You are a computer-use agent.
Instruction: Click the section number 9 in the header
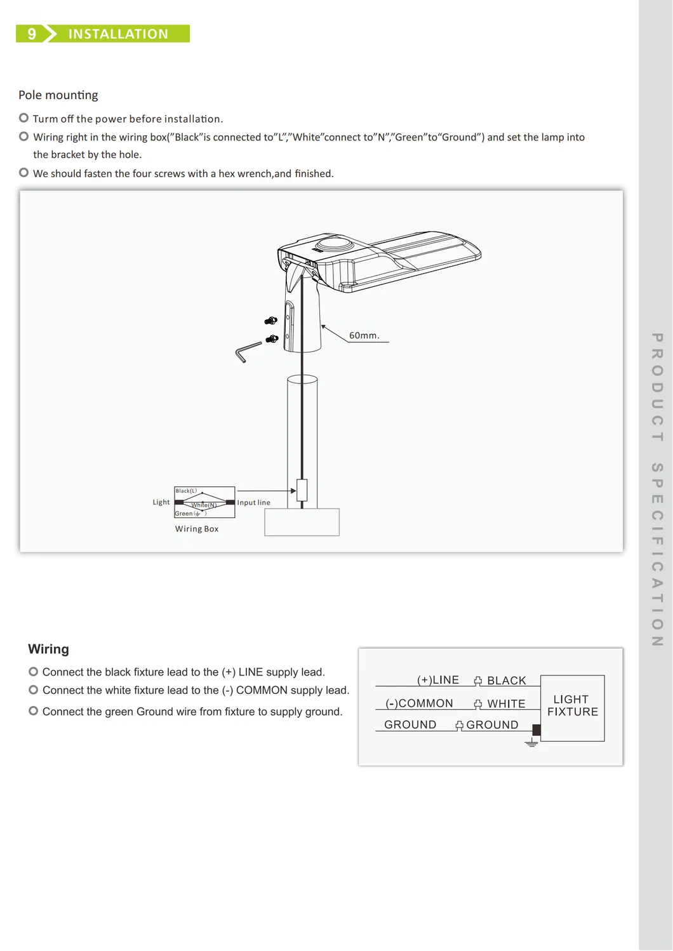tap(32, 34)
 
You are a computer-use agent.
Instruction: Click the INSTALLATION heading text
tap(118, 34)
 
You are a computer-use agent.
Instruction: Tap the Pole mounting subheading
tap(58, 95)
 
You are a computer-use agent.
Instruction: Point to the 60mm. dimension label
tap(364, 335)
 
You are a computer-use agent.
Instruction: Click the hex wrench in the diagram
tap(247, 351)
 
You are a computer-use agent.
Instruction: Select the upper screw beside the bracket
tap(271, 321)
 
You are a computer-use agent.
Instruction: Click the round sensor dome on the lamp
tap(335, 244)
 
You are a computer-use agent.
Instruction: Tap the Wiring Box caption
tap(197, 529)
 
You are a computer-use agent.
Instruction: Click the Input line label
tap(253, 502)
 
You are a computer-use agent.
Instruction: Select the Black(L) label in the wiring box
tap(186, 491)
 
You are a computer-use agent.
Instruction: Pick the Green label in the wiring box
tap(183, 514)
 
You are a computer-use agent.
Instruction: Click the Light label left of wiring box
tap(161, 502)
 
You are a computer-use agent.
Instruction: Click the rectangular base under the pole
tap(302, 522)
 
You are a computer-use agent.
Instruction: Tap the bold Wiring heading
tap(48, 649)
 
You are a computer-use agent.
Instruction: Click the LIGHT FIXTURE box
tap(572, 707)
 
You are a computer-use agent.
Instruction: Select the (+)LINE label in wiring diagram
tap(438, 680)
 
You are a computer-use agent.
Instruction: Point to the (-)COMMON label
tap(419, 703)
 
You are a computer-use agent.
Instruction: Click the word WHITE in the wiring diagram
tap(506, 704)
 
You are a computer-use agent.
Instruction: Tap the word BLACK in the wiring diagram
tap(507, 681)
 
